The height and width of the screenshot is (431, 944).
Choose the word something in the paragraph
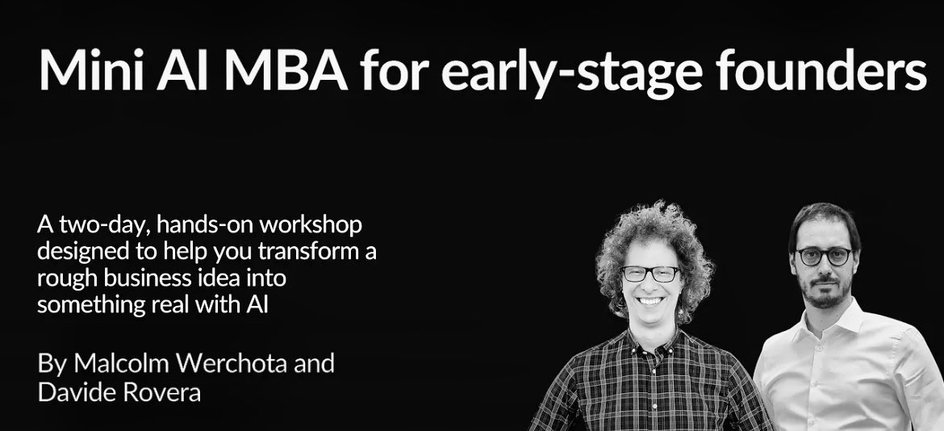pyautogui.click(x=91, y=306)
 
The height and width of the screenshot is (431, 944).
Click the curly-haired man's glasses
pyautogui.click(x=651, y=274)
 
